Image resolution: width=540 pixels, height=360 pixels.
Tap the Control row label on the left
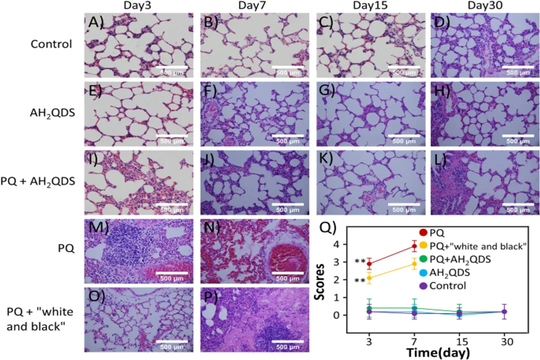point(51,43)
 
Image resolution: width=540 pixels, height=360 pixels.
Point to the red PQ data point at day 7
point(414,245)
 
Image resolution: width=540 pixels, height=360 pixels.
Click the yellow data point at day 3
point(369,278)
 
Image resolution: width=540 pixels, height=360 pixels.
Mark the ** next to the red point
point(359,261)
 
